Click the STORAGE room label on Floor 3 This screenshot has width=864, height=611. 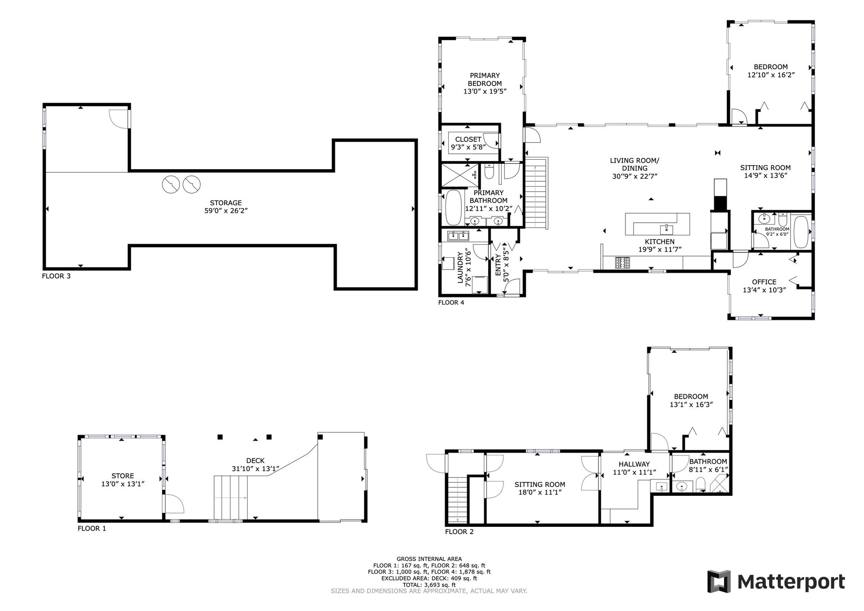point(226,203)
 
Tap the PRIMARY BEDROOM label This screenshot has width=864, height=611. point(485,80)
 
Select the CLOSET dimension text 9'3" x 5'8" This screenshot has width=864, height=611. point(468,147)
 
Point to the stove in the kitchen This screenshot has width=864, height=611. point(623,263)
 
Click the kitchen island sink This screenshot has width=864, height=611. point(666,229)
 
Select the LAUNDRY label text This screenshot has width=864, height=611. point(460,268)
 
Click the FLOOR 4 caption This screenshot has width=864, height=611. point(451,302)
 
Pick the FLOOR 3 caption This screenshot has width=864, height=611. point(56,276)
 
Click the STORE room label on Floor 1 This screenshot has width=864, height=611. point(122,476)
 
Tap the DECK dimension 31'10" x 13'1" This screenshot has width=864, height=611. point(255,468)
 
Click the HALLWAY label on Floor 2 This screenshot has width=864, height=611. point(634,464)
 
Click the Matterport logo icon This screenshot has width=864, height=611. point(719,582)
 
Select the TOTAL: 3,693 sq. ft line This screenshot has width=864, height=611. point(429,585)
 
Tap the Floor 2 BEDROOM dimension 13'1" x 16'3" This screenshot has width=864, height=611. point(691,404)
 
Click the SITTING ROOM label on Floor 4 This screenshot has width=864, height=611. point(765,168)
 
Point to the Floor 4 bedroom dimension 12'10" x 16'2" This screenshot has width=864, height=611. point(770,75)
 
